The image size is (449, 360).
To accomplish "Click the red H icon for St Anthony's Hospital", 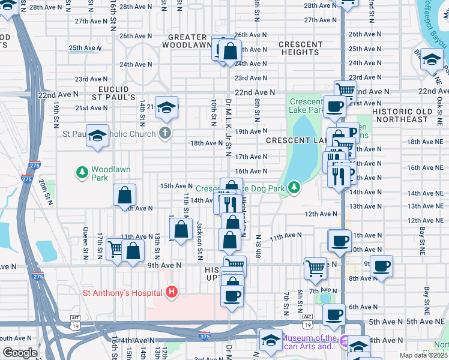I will [172, 293].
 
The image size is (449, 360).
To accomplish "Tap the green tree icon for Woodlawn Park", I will [82, 173].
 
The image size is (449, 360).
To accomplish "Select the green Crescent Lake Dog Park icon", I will [294, 188].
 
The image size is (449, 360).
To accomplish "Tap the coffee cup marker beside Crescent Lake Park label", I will [334, 107].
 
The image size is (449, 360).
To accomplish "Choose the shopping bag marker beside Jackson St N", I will [181, 230].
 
